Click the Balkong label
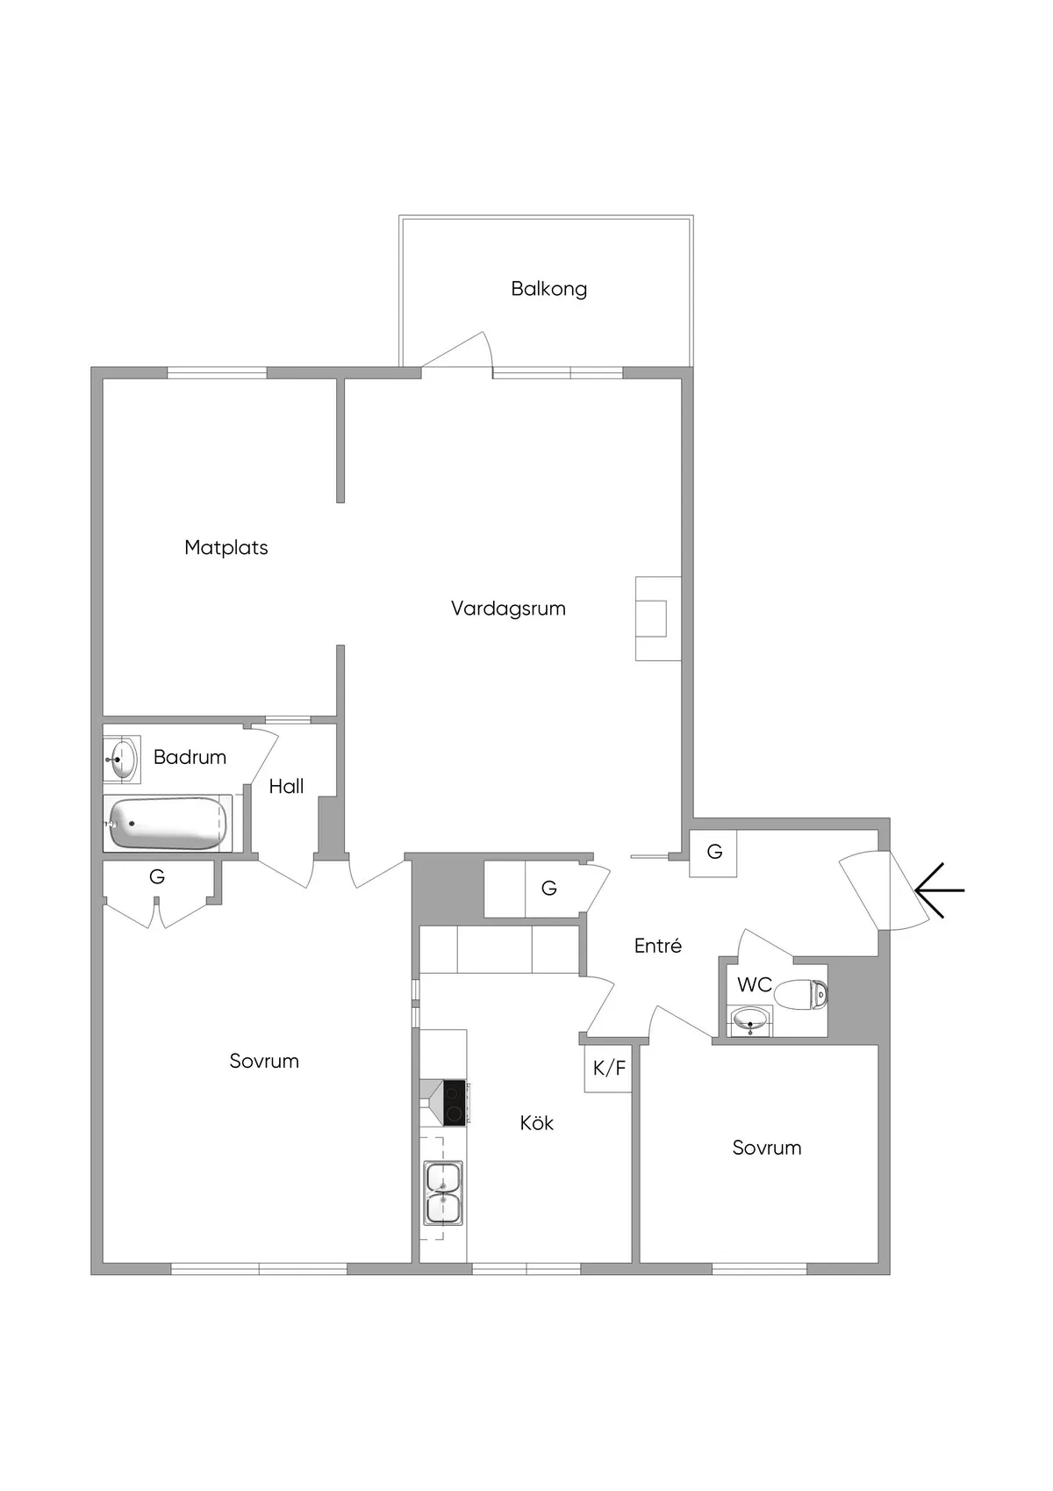548,289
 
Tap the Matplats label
226,548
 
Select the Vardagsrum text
508,609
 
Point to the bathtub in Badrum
168,823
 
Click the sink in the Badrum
122,759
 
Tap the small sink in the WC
751,1021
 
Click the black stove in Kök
454,1102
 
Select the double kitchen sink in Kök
443,1192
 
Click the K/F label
609,1068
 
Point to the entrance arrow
939,890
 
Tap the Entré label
657,946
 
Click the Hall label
286,787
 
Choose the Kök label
536,1123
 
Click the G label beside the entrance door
714,852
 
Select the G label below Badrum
157,876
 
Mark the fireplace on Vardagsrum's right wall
657,618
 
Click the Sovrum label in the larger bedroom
264,1062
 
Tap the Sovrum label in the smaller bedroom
766,1148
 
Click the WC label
754,985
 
